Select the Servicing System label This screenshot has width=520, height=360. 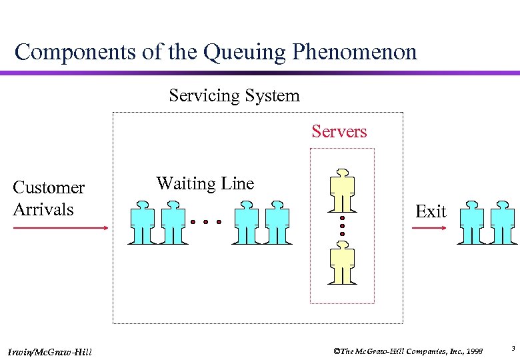[x=234, y=96]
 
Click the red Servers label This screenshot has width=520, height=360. [x=339, y=131]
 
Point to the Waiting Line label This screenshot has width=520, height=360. [x=205, y=183]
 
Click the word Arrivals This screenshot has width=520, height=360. [x=43, y=209]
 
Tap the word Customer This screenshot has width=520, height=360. [x=49, y=188]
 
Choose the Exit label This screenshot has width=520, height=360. [x=431, y=212]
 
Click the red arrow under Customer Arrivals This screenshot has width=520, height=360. [x=60, y=228]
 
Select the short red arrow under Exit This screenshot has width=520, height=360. [x=429, y=228]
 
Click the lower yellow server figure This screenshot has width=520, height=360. [x=342, y=263]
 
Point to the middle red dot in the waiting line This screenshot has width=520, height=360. [x=206, y=221]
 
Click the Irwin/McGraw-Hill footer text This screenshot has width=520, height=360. [x=51, y=351]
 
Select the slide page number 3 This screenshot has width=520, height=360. [x=513, y=348]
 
